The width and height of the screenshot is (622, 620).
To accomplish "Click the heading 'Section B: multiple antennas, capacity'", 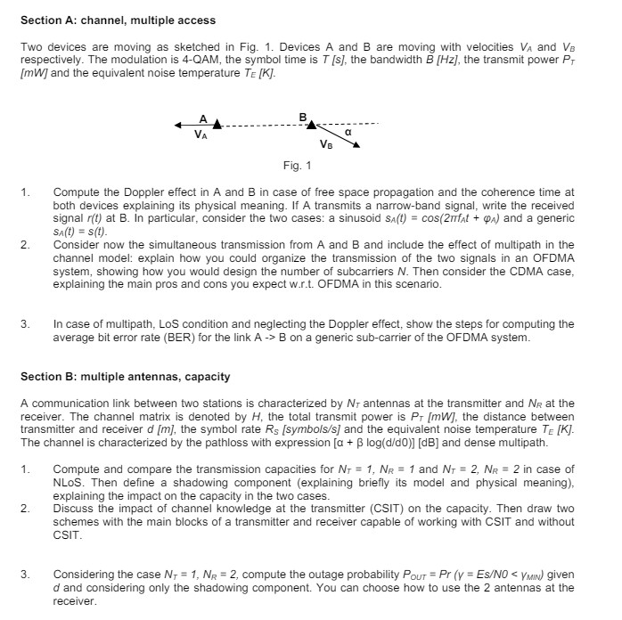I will coord(125,377).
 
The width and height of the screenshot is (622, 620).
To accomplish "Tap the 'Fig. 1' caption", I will coord(297,166).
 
